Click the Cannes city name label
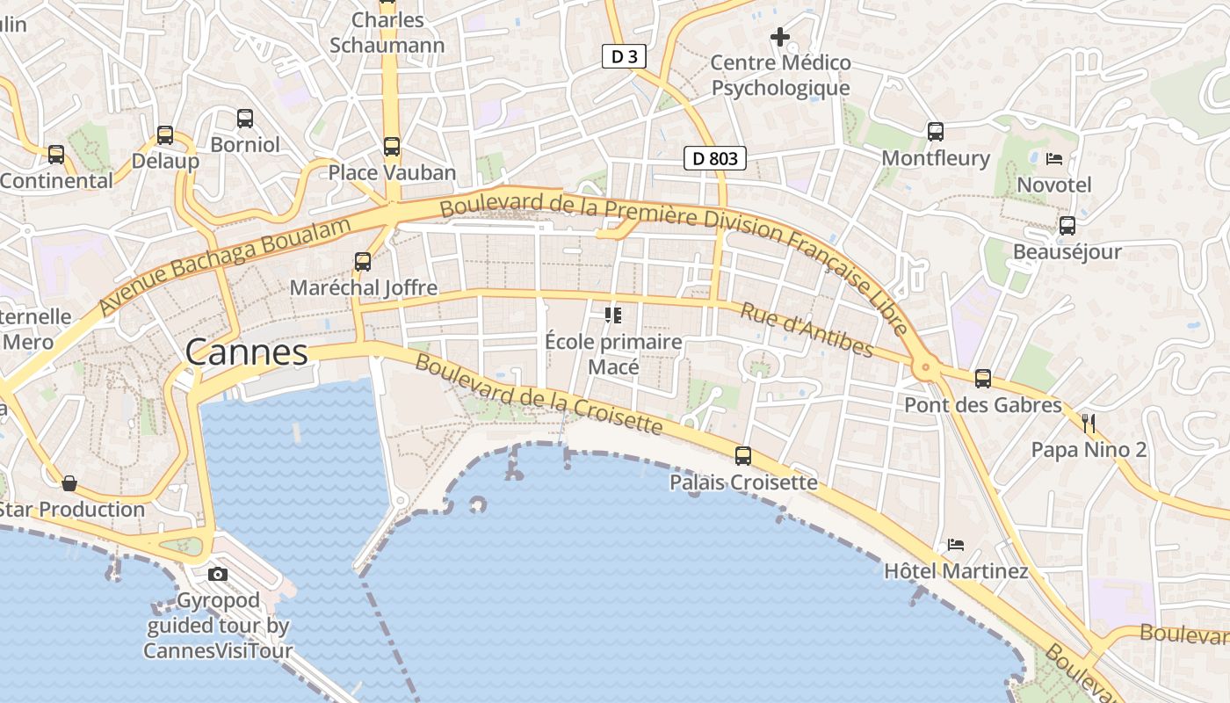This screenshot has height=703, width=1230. click(x=246, y=352)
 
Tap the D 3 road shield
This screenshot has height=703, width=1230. click(x=624, y=57)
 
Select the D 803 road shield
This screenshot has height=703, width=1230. click(x=715, y=158)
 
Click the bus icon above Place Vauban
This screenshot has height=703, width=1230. click(x=392, y=147)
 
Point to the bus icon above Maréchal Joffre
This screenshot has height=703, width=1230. click(x=363, y=261)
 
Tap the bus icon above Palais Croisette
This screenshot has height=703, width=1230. click(x=743, y=455)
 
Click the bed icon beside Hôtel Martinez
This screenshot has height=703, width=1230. click(x=956, y=545)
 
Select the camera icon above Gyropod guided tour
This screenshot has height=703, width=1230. click(x=218, y=575)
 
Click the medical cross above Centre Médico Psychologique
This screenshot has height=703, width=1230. click(x=780, y=37)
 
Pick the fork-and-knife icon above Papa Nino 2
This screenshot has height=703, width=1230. click(x=1089, y=424)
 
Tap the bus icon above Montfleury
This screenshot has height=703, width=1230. click(x=936, y=132)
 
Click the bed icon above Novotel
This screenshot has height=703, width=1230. click(x=1054, y=159)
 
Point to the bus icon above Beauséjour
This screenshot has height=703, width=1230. click(x=1067, y=226)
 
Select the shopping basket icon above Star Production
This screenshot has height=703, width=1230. click(x=69, y=483)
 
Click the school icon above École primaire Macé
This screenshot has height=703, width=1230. click(x=613, y=315)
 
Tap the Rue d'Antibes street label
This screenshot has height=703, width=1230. click(x=807, y=330)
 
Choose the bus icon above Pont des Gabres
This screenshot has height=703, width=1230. click(x=983, y=379)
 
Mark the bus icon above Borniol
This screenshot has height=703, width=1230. click(x=245, y=118)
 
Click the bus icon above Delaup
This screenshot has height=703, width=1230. click(x=165, y=135)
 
